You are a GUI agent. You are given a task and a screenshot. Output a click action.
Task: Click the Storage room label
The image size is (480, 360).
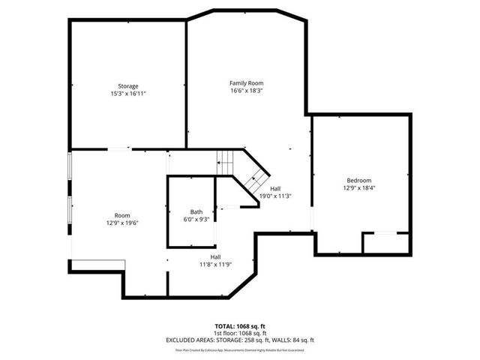coord(127,86)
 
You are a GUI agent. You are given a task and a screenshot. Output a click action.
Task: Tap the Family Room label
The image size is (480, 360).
coord(246,82)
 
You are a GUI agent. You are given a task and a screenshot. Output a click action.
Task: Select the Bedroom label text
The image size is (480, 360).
coord(358,180)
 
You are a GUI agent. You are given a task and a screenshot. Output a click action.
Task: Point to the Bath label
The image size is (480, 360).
coord(196,211)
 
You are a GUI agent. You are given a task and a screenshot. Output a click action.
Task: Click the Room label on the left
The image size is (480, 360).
coord(122,214)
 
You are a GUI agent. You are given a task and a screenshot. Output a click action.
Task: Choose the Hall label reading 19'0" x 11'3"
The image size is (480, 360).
coord(275,188)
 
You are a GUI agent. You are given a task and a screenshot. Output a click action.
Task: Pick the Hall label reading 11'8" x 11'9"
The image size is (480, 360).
coord(215,256)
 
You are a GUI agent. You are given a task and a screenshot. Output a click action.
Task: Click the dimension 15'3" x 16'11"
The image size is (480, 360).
coord(127,94)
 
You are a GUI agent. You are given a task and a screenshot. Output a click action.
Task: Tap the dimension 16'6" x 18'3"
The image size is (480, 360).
coord(246,90)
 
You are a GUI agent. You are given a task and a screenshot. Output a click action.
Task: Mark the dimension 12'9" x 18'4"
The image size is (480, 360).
coord(358,187)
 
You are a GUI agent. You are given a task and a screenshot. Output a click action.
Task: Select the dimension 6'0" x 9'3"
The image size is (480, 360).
coord(196,219)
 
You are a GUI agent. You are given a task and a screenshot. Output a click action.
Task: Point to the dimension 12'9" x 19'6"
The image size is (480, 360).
coord(122,222)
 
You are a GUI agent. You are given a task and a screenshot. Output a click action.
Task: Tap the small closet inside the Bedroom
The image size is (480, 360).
coord(386,243)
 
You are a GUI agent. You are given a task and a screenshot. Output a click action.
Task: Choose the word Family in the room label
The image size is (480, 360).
coord(238,82)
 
